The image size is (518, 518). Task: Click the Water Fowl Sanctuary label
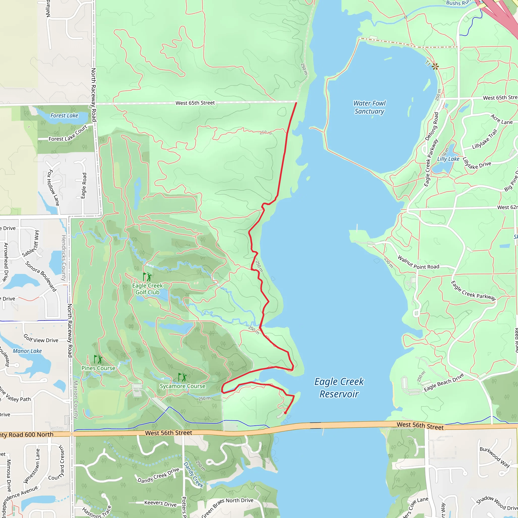(369, 107)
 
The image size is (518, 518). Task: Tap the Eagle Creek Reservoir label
(339, 388)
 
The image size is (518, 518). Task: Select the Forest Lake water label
(64, 116)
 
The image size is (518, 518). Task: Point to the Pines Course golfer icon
(98, 359)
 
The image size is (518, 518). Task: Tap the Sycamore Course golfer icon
(182, 377)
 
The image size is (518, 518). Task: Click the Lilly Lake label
(448, 159)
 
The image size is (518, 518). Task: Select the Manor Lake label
(27, 351)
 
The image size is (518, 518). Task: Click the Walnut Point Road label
(418, 263)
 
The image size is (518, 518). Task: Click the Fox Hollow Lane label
(53, 188)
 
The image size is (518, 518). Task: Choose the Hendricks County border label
(63, 258)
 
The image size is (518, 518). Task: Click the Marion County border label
(76, 399)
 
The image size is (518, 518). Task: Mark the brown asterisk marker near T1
(435, 66)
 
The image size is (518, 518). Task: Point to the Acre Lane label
(501, 120)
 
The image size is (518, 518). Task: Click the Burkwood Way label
(495, 457)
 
